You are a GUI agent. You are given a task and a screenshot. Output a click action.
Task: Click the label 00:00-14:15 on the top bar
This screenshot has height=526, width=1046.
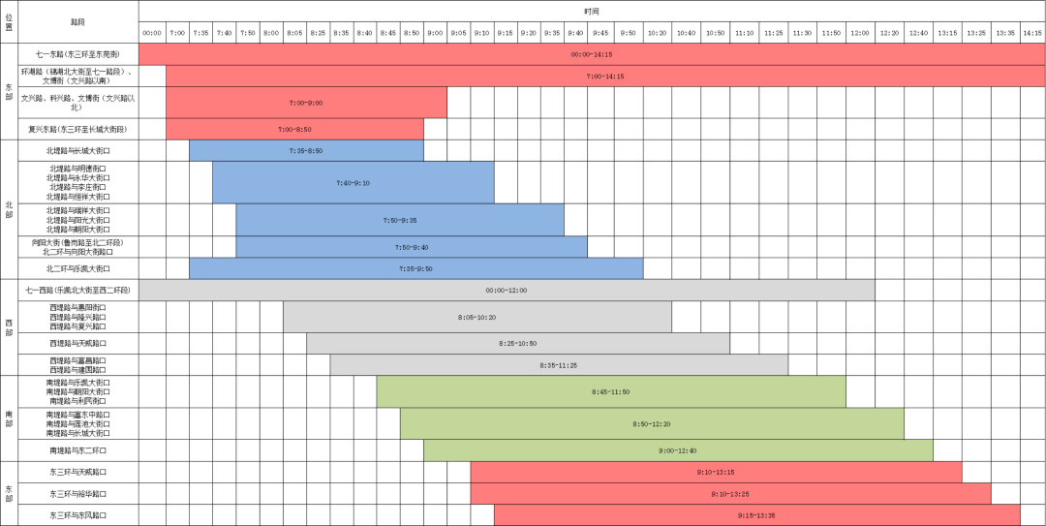coord(591,54)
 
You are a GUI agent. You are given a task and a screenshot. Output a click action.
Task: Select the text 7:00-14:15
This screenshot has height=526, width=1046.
coord(605,76)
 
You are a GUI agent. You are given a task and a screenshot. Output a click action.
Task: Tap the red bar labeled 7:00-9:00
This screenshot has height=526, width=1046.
coord(306,103)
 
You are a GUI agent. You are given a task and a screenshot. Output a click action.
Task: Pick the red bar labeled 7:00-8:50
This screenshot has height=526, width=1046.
coord(294,129)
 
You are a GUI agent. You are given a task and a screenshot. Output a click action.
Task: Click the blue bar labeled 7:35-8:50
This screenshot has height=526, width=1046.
coord(306,150)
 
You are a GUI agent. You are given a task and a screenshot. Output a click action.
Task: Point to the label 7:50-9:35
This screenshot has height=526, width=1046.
coord(400,220)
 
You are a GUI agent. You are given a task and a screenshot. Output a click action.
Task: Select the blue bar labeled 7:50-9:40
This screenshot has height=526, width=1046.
coord(412,247)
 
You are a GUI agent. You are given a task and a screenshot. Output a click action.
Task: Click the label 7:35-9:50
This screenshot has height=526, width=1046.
coord(415,268)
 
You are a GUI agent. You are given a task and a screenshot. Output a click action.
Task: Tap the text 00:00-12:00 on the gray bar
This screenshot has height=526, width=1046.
coord(507,290)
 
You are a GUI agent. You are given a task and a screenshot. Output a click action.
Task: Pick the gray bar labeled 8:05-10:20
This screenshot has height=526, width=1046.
coord(477,317)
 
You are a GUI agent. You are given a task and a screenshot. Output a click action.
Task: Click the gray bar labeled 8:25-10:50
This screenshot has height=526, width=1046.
coord(518,343)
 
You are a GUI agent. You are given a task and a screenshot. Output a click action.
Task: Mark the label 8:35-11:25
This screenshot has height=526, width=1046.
coord(559,365)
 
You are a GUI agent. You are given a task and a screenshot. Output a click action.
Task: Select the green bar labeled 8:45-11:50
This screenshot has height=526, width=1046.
coord(611,391)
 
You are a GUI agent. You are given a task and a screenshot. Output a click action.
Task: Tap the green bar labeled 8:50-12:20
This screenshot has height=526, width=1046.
coord(652,423)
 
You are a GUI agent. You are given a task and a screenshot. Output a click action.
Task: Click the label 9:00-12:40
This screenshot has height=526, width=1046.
coord(678,450)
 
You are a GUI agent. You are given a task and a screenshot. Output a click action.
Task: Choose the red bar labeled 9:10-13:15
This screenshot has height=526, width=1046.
coord(716,472)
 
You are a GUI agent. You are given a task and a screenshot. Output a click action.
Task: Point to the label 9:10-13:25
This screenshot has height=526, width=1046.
coord(730,494)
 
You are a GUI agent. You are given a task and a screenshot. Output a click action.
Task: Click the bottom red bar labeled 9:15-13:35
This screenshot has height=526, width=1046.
coord(756,515)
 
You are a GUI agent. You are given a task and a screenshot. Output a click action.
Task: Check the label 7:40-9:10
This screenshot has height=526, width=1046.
coord(353,182)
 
